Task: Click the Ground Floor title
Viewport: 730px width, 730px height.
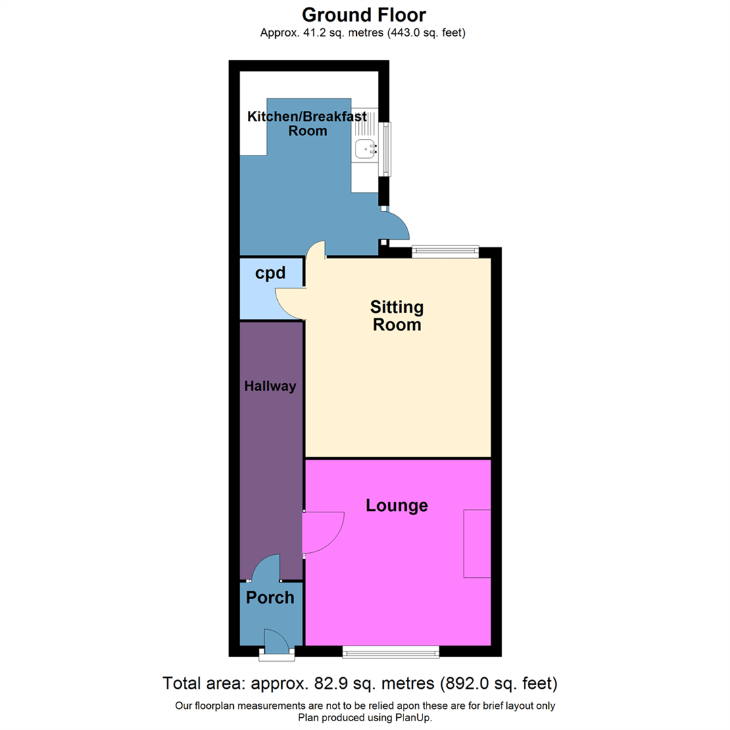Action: pos(364,14)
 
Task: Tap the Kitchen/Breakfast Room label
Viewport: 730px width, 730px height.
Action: pos(308,124)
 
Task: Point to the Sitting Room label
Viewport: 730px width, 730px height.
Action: pos(396,316)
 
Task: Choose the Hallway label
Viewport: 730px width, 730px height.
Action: pos(270,387)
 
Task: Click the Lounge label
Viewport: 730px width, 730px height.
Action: pos(397,505)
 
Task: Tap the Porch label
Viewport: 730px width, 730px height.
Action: pos(270,598)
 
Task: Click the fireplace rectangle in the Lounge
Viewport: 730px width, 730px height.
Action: pos(477,543)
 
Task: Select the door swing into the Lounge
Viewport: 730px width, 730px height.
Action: pos(322,533)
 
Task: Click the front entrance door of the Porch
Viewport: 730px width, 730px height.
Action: pos(276,641)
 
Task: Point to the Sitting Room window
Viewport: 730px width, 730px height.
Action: pos(445,251)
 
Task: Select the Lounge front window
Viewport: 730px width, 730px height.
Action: pos(390,652)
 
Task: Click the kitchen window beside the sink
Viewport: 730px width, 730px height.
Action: pos(386,149)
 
